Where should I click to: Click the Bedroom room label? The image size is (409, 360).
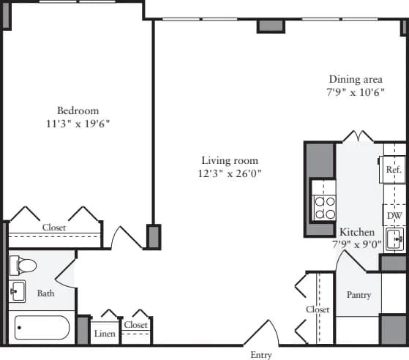78,110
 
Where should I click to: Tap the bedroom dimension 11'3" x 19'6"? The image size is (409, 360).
78,124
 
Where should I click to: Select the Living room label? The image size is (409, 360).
230,160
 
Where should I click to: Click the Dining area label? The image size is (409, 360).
356,80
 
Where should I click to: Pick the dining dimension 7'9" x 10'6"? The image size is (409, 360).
356,93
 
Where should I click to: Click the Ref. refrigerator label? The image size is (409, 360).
394,169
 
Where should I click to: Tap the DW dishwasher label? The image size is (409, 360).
394,216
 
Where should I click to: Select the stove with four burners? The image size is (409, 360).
324,208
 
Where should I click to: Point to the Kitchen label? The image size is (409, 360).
357,232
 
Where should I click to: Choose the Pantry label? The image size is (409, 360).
359,295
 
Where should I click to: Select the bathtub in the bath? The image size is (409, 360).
42,329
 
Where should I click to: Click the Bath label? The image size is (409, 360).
45,293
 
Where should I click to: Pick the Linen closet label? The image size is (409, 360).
105,333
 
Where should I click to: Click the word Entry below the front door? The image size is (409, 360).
261,355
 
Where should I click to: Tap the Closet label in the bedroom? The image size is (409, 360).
53,228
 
